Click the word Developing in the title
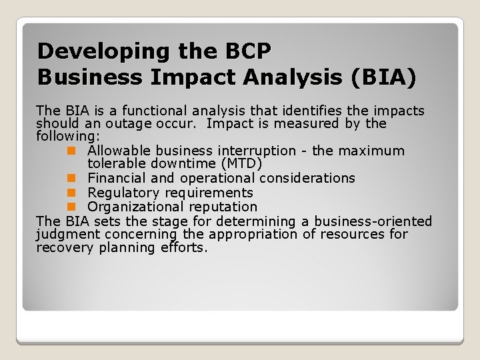[x=95, y=51]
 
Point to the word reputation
[x=221, y=207]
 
